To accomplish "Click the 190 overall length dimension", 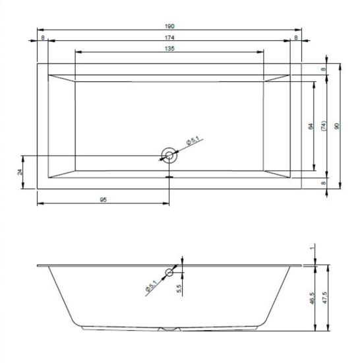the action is (169, 26).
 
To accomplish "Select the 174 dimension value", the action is (169, 38).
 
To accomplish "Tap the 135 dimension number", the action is (169, 49).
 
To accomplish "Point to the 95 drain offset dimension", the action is (104, 199).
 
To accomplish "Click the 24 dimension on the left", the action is (20, 172).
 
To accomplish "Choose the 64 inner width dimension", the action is (311, 126).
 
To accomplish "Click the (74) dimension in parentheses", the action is (324, 126).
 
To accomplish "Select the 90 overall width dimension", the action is (337, 126).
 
